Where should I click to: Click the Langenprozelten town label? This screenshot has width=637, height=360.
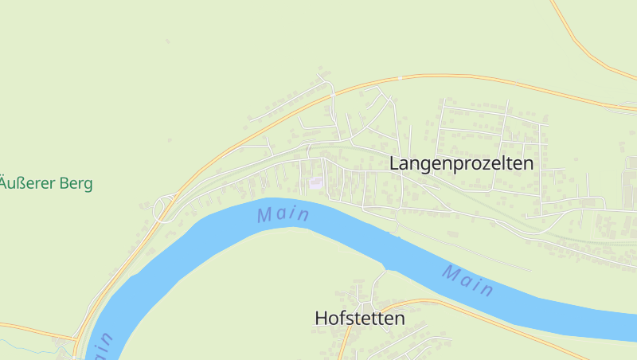(x=461, y=163)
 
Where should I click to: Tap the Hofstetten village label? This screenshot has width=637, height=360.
(x=360, y=318)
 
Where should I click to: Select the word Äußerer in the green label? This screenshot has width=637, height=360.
(x=25, y=183)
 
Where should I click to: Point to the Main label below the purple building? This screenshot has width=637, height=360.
(x=283, y=214)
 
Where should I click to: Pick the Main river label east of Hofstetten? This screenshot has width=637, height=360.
(x=469, y=281)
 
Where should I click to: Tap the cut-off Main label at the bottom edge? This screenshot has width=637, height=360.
(x=103, y=346)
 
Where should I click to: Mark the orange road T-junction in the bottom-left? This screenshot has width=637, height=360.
(x=74, y=338)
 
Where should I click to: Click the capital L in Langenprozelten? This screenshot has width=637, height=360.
(x=394, y=163)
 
